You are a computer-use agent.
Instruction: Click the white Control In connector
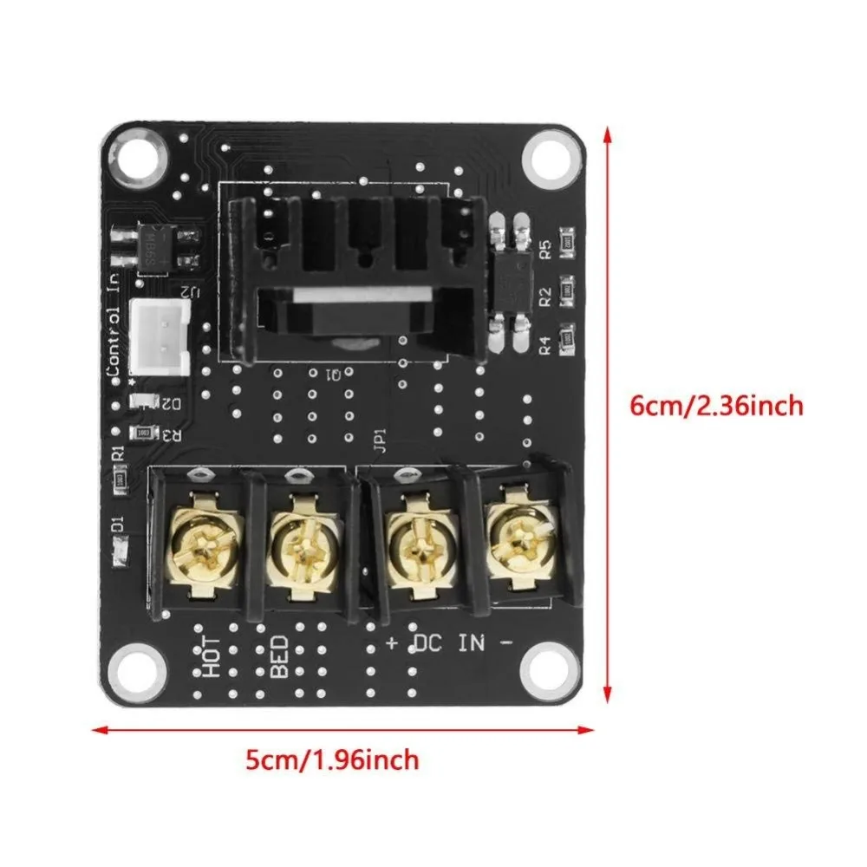coord(160,337)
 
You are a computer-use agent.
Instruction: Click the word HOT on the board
coord(210,659)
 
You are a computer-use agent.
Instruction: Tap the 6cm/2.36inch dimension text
coord(716,405)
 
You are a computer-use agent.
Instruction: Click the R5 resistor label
coord(545,246)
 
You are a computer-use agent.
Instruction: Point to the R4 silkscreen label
coord(545,345)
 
